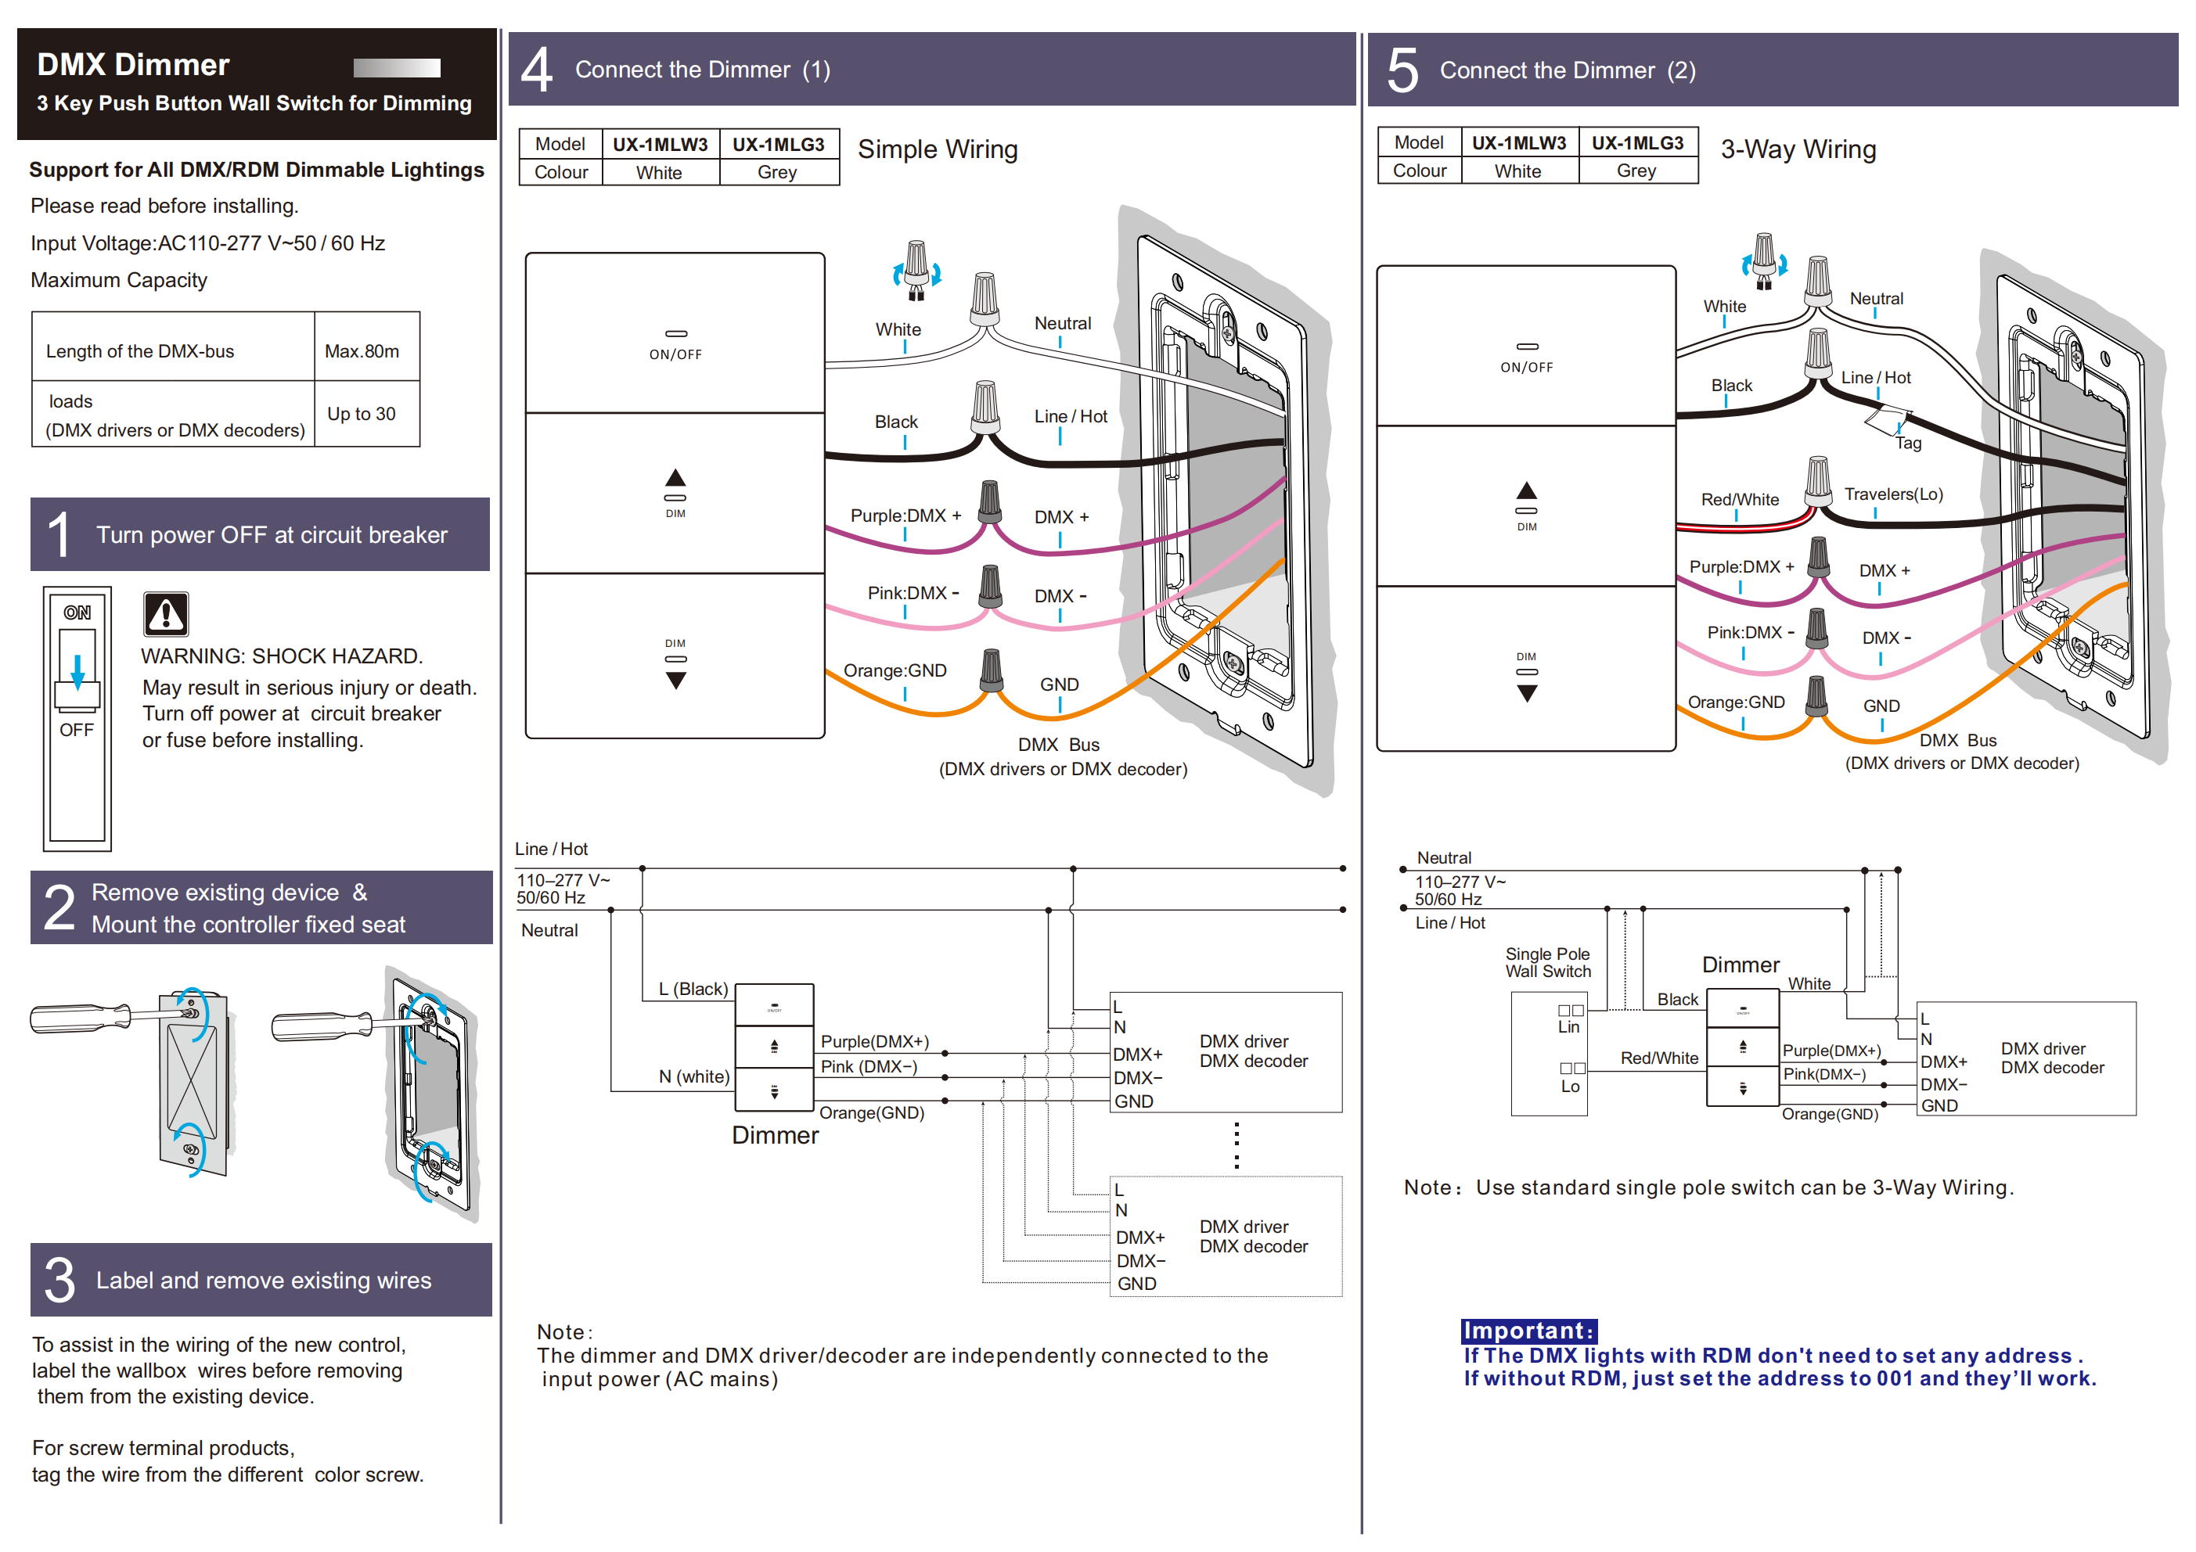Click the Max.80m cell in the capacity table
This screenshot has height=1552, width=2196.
(x=362, y=351)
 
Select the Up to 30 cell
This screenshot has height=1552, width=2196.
(x=362, y=414)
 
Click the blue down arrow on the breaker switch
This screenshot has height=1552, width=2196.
(x=77, y=668)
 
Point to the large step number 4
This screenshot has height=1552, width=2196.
(x=537, y=70)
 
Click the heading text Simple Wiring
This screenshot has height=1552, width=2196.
(x=938, y=149)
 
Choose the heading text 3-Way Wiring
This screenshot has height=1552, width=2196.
(x=1798, y=149)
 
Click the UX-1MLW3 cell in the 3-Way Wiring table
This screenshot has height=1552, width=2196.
(x=1519, y=142)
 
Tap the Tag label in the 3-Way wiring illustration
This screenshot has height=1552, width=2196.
(x=1908, y=443)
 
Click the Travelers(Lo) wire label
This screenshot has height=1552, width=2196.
(x=1894, y=494)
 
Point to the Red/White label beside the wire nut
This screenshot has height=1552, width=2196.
(x=1740, y=499)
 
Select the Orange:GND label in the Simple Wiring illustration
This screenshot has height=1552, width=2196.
(x=895, y=670)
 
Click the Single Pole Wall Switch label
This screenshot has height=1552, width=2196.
(x=1547, y=962)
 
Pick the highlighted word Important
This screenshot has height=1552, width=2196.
(x=1528, y=1330)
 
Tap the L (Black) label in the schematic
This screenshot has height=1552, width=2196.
(x=693, y=989)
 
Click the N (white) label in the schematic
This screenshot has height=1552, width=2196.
(x=693, y=1076)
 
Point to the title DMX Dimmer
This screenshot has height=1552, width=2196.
(x=133, y=64)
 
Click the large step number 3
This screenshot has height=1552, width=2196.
(x=59, y=1281)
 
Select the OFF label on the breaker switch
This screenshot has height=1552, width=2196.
(x=77, y=730)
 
